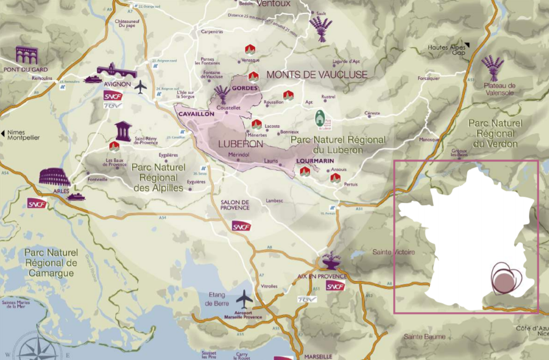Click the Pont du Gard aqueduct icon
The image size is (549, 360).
[x=26, y=55]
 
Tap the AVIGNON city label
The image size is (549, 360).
[x=117, y=84]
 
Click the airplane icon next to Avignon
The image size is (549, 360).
[x=140, y=87]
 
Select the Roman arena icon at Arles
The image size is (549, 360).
[x=55, y=177]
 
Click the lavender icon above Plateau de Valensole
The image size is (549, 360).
[x=492, y=68]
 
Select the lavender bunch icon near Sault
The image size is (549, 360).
[x=321, y=28]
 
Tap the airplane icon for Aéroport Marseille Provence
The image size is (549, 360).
[x=244, y=300]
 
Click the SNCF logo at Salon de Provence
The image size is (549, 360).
[x=241, y=226]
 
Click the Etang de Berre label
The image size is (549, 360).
[x=217, y=299]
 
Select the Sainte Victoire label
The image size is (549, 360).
[x=394, y=252]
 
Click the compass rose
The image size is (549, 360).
[x=38, y=348]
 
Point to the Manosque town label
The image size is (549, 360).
[x=429, y=139]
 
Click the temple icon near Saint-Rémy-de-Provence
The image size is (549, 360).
[x=123, y=131]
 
